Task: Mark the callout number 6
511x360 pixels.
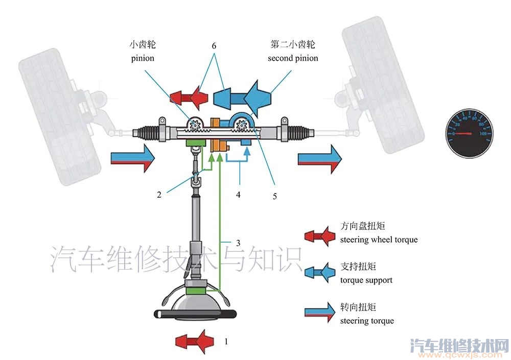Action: pyautogui.click(x=214, y=45)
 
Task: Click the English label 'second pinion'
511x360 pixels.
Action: pyautogui.click(x=293, y=58)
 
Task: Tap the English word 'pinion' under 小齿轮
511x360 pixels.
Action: pyautogui.click(x=142, y=58)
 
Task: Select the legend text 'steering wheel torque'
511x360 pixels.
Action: pyautogui.click(x=379, y=239)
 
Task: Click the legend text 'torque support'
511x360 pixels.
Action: pyautogui.click(x=366, y=280)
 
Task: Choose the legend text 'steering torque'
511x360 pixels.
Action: pyautogui.click(x=367, y=321)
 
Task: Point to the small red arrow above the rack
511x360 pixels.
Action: pyautogui.click(x=189, y=96)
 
